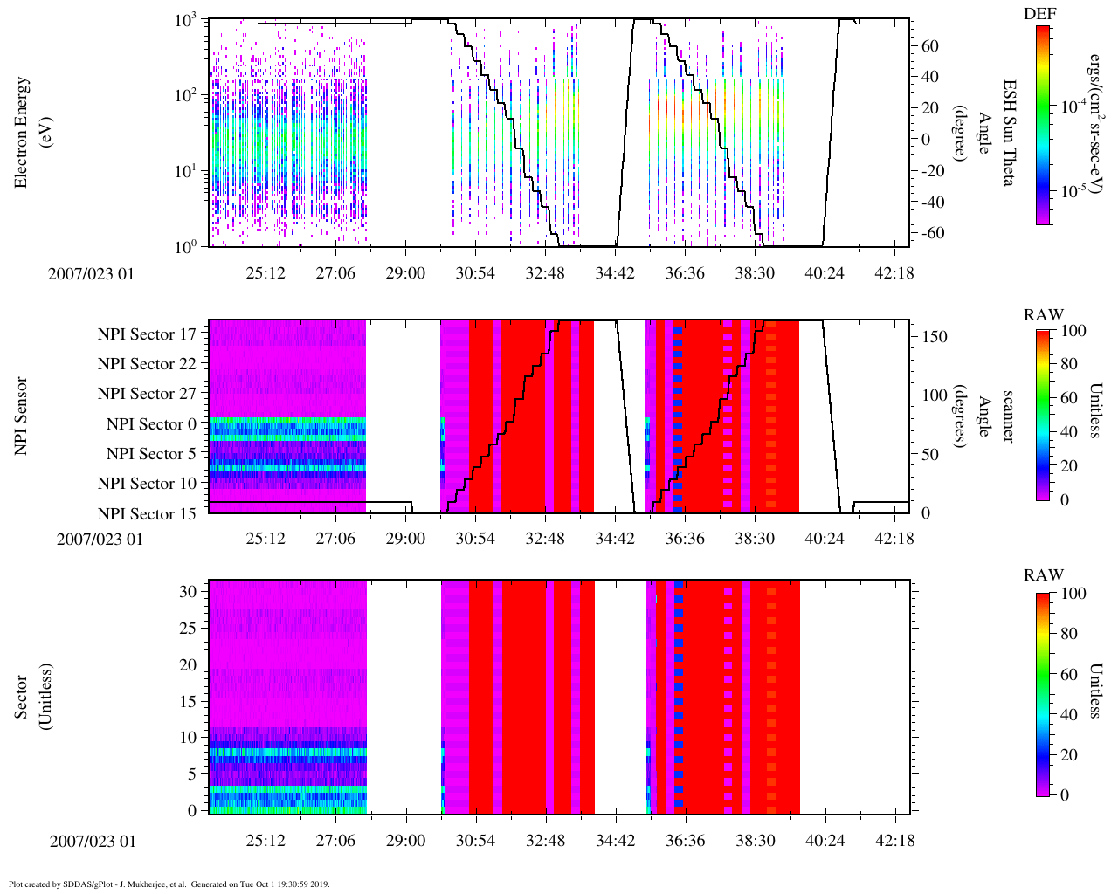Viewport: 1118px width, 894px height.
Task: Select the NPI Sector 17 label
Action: tap(147, 334)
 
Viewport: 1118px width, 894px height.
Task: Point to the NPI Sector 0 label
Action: tap(151, 424)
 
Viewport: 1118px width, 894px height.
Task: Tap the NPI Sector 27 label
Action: tap(147, 394)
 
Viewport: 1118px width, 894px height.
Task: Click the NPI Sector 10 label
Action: tap(147, 484)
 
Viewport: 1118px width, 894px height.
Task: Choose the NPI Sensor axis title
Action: tap(21, 416)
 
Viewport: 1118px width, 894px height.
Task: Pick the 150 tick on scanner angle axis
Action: tap(935, 336)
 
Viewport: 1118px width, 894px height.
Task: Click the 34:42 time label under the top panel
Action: tap(615, 273)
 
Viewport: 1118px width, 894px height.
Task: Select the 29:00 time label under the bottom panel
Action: tap(405, 841)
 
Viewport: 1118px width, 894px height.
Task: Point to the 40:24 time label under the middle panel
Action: tap(825, 539)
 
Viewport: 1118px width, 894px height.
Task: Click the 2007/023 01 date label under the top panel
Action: tap(92, 273)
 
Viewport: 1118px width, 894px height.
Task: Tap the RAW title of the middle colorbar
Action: tap(1044, 315)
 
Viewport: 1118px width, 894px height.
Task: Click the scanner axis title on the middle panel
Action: tap(1009, 416)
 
